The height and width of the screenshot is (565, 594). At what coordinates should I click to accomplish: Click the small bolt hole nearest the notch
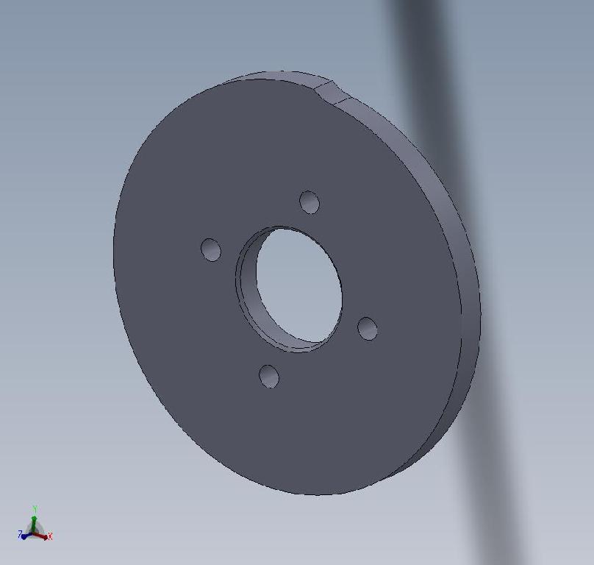309,202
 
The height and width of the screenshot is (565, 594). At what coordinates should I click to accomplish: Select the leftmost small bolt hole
211,249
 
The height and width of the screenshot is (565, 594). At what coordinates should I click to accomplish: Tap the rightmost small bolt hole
368,328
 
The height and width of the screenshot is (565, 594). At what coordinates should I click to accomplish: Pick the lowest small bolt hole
269,377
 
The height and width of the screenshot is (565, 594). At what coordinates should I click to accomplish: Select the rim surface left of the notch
272,75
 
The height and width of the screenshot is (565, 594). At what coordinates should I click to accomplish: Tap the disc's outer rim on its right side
466,294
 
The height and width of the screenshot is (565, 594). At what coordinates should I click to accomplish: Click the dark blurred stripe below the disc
500,500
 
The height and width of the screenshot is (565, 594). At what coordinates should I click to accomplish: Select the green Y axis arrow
34,519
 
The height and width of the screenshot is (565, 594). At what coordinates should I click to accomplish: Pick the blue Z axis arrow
26,536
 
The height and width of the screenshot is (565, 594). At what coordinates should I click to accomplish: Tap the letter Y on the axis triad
35,508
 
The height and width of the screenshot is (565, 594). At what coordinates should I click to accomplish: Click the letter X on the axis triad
50,537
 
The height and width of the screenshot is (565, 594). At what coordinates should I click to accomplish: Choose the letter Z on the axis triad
20,535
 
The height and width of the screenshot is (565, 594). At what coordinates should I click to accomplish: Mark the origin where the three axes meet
34,533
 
